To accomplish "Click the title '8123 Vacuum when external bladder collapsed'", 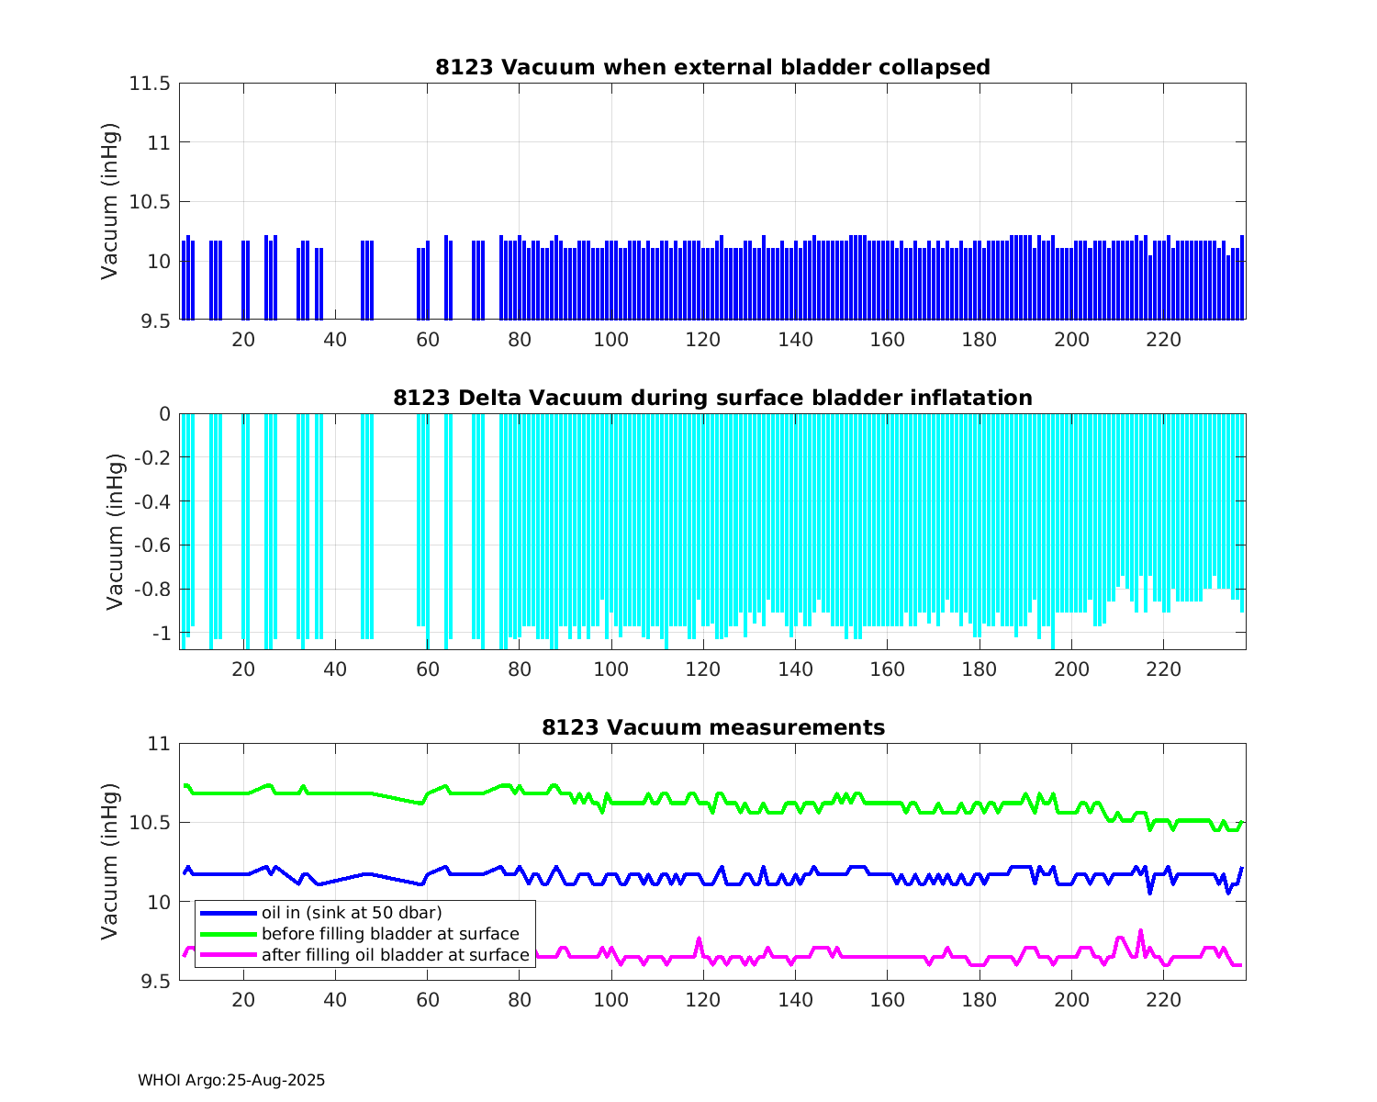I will coord(712,67).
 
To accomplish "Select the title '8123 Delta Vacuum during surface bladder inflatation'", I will coord(712,398).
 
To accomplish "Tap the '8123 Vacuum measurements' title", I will coord(712,728).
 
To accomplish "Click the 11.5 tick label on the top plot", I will coord(149,84).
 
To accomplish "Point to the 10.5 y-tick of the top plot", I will coord(149,202).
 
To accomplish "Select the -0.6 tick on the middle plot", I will coord(152,545).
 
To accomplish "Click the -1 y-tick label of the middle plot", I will coord(161,634).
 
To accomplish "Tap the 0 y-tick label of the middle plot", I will coord(164,414).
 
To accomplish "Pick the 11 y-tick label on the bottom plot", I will coord(159,744).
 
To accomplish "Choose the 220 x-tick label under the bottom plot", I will coord(1163,1000).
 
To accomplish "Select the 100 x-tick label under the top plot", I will coord(611,340).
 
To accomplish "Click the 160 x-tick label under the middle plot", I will coord(887,669).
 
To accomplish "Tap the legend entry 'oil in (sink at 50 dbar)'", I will coord(352,913).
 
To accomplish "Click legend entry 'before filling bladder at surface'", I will coord(390,934).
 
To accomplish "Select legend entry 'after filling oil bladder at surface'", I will coord(396,955).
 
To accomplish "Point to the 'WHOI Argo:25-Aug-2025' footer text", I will coord(231,1081).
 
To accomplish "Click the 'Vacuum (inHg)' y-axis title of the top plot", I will coord(110,201).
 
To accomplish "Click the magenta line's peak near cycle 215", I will coord(1141,931).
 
